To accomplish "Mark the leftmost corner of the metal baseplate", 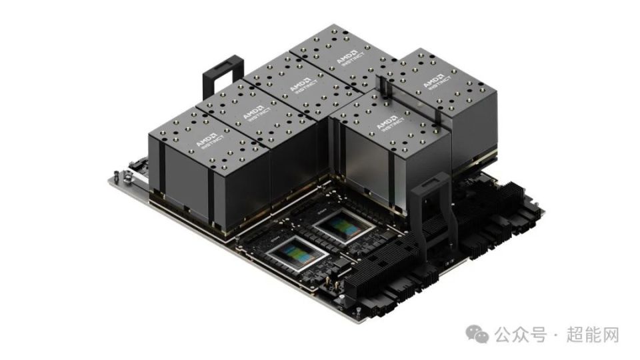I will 111,179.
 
